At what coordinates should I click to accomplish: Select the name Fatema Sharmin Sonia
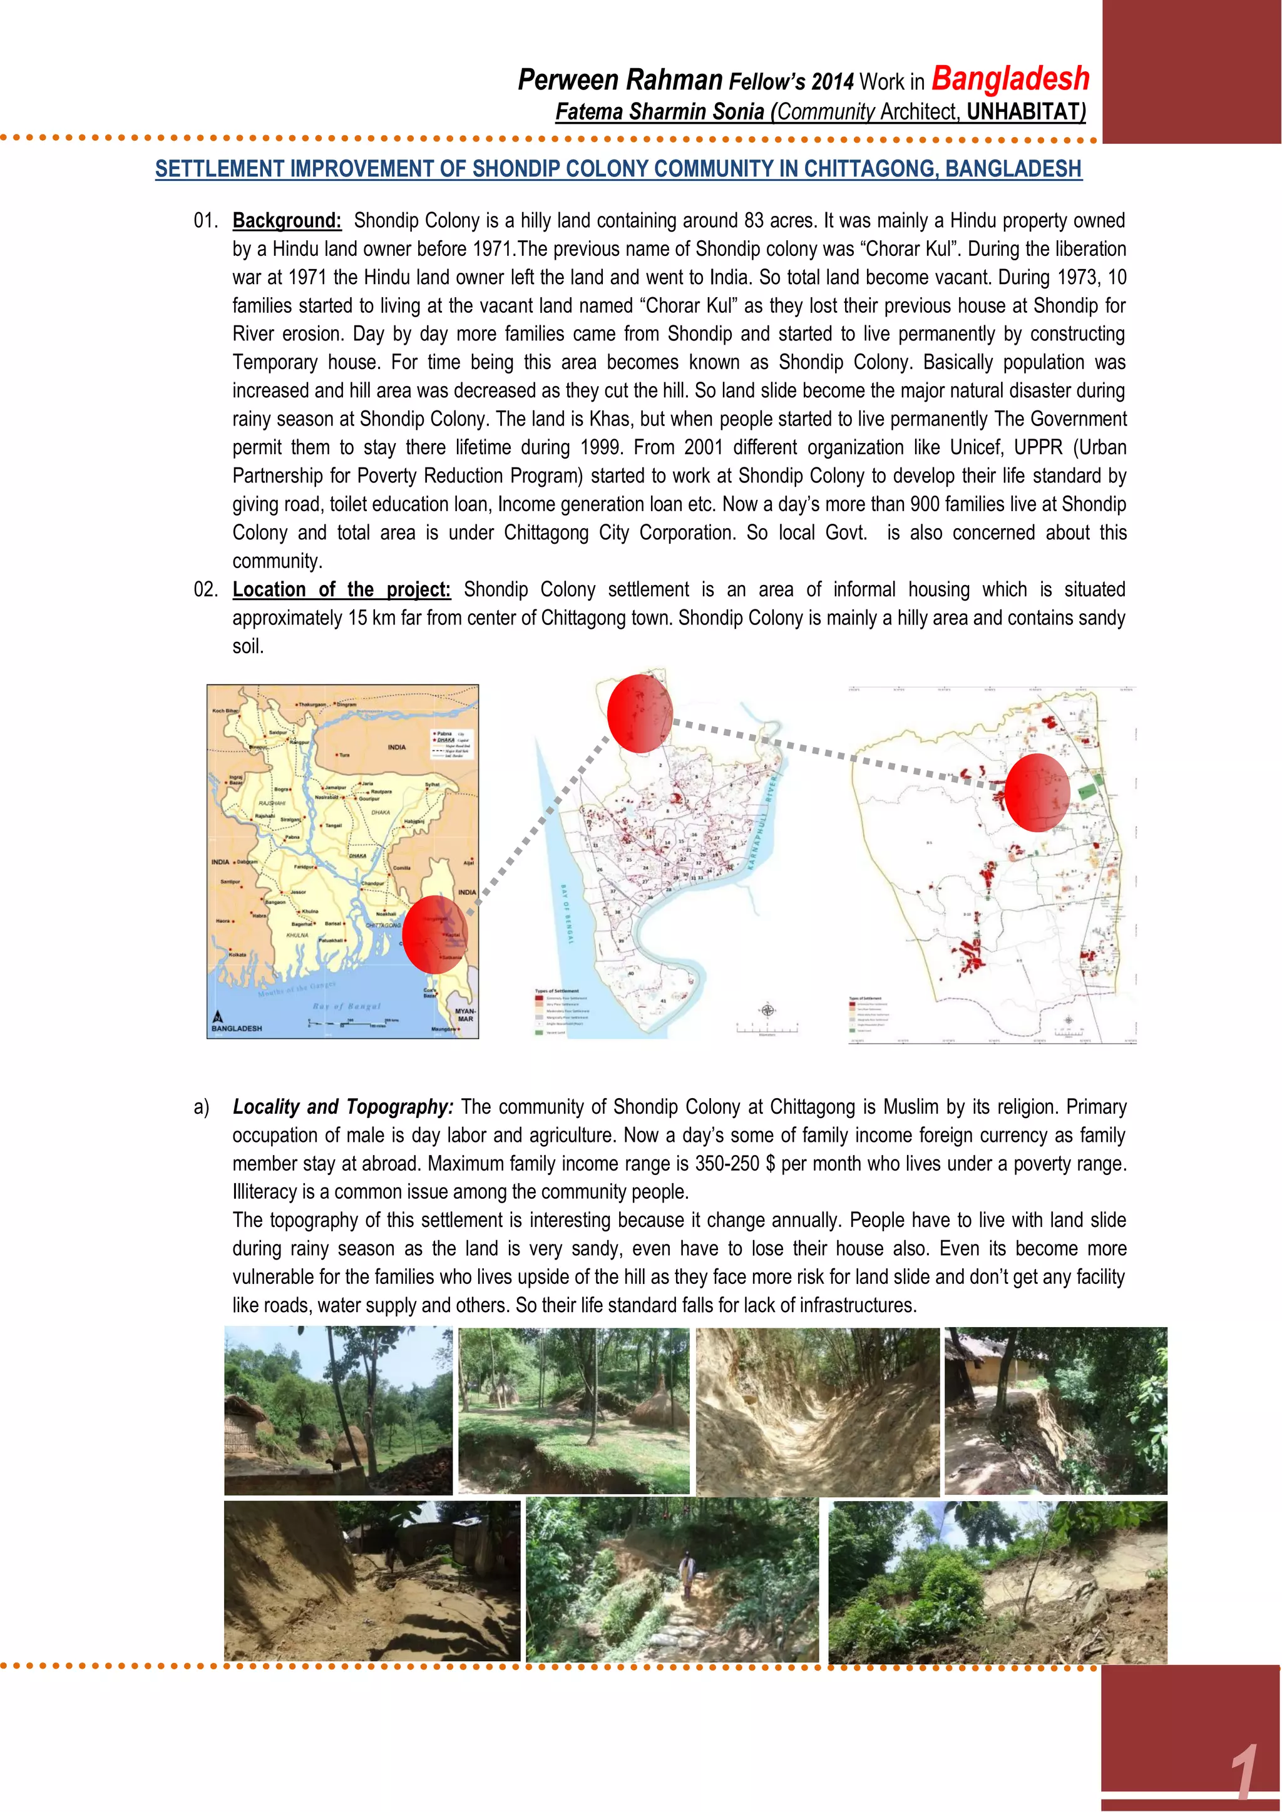pyautogui.click(x=660, y=112)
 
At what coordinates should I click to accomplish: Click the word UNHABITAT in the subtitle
pyautogui.click(x=1025, y=112)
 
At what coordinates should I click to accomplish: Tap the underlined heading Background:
pyautogui.click(x=287, y=221)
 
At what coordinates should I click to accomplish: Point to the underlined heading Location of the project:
pyautogui.click(x=341, y=589)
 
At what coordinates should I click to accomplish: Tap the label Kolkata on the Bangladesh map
pyautogui.click(x=238, y=954)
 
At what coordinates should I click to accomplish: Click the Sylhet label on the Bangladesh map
pyautogui.click(x=432, y=785)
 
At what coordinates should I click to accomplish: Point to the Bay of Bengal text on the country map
pyautogui.click(x=347, y=1006)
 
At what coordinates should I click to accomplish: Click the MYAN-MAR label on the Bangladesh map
pyautogui.click(x=465, y=1014)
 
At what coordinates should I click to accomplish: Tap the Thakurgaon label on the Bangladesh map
pyautogui.click(x=312, y=704)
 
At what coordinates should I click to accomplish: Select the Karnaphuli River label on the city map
pyautogui.click(x=762, y=821)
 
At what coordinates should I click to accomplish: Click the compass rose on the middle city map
pyautogui.click(x=767, y=1010)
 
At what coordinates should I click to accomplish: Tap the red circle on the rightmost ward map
pyautogui.click(x=1037, y=792)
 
